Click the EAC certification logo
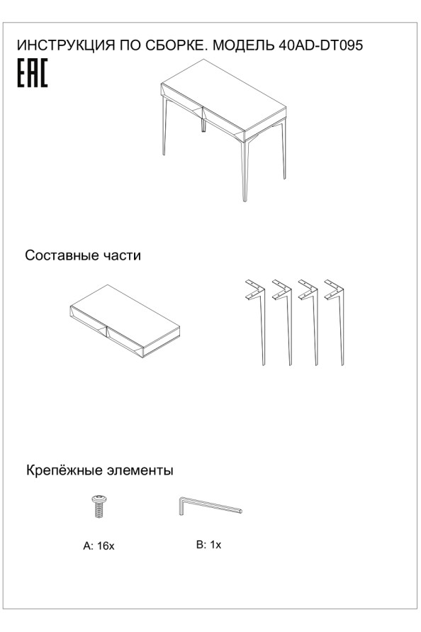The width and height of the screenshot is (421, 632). point(32,73)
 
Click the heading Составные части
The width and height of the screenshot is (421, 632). point(83,255)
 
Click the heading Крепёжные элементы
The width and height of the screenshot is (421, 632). point(100,470)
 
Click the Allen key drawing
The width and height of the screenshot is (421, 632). point(209,507)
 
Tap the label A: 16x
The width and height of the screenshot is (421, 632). point(99,547)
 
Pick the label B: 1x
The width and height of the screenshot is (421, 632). point(209,545)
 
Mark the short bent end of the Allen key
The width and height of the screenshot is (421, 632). point(179,506)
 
